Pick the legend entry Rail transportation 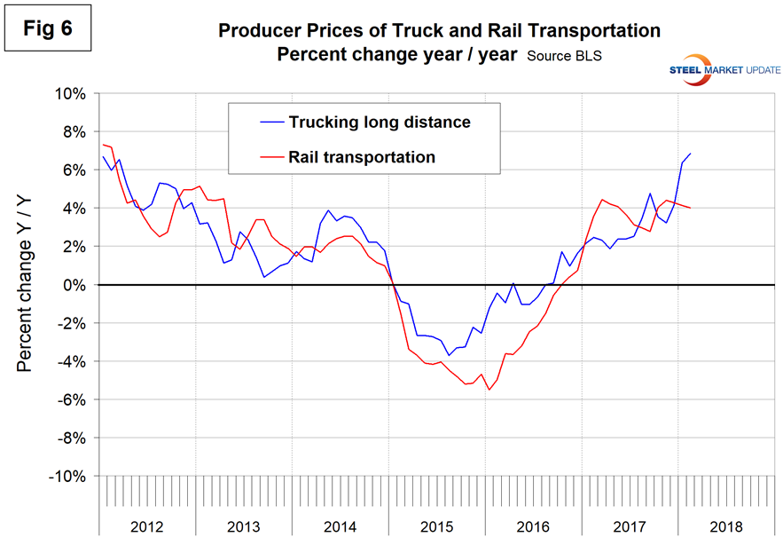click(361, 157)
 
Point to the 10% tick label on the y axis click(68, 93)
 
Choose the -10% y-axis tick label click(66, 477)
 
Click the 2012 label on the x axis click(146, 523)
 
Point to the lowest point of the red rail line click(489, 390)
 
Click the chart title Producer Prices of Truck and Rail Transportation click(439, 31)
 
